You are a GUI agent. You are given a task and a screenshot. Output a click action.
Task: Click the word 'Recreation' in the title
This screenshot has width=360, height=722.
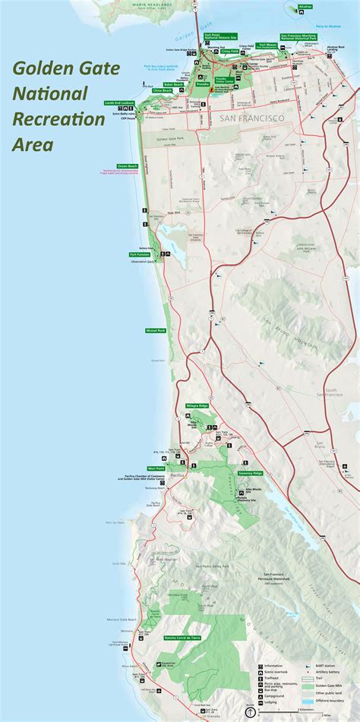coord(58,119)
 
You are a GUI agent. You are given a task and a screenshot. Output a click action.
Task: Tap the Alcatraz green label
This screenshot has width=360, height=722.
coord(305,7)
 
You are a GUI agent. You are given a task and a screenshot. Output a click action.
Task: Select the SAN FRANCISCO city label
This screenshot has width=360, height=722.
coord(252,119)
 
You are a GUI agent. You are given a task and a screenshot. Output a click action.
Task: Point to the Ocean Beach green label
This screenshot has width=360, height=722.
coord(127,166)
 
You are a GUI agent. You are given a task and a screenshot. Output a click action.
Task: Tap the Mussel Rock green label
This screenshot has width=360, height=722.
coord(156,331)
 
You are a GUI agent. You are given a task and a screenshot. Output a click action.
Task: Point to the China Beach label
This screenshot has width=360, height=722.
coord(163,90)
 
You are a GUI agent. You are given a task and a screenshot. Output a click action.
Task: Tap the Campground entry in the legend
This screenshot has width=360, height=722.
coord(274,695)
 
